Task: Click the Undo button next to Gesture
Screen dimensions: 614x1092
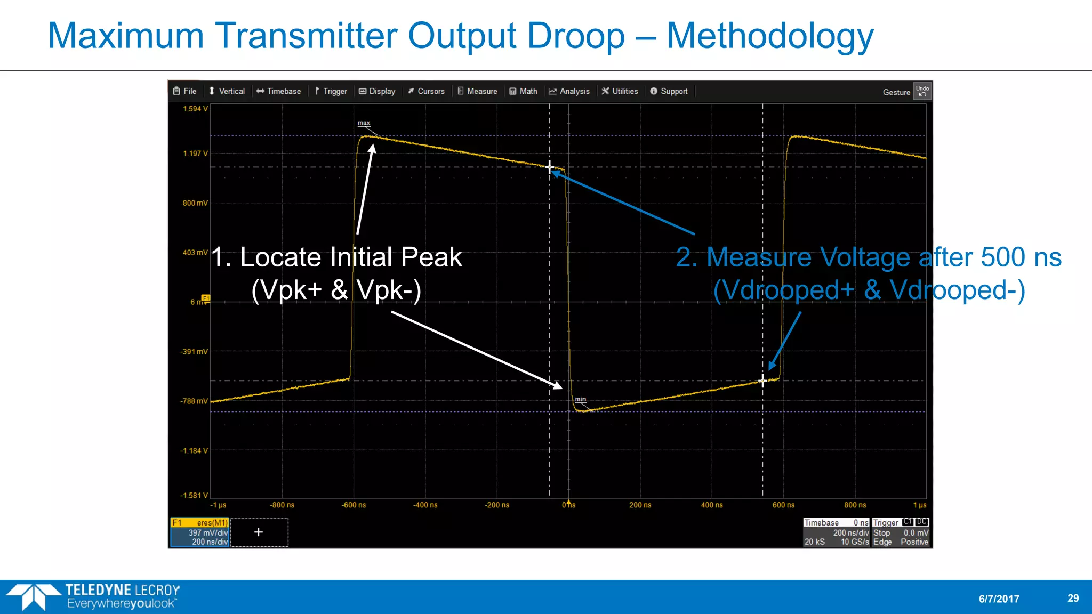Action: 922,91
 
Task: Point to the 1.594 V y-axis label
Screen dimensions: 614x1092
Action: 195,109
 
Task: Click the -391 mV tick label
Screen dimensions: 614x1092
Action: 194,352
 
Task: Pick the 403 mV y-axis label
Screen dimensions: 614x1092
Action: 195,253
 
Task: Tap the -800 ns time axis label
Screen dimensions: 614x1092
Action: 282,505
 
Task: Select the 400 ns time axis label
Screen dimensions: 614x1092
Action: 712,505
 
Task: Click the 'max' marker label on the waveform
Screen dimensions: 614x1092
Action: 364,123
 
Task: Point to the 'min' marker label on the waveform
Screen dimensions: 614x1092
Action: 580,399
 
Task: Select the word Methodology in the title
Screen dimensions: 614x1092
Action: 770,36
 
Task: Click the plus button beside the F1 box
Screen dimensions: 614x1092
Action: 259,532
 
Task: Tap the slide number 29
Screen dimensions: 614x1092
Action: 1073,599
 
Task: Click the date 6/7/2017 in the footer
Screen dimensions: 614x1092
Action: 999,599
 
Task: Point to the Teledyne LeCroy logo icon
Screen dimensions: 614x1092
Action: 33,596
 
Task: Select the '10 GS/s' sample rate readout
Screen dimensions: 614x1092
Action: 855,542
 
